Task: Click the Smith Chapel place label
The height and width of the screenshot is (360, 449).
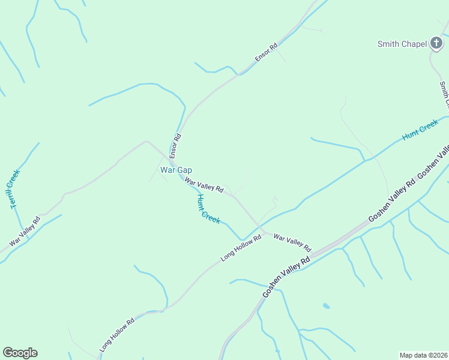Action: pyautogui.click(x=402, y=43)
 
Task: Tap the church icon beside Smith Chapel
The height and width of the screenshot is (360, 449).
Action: pyautogui.click(x=436, y=43)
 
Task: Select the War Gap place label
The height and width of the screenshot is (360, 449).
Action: pyautogui.click(x=176, y=170)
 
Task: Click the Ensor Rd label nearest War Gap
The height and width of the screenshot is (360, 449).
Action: pyautogui.click(x=176, y=145)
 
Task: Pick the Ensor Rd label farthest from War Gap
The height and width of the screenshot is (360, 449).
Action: pyautogui.click(x=266, y=52)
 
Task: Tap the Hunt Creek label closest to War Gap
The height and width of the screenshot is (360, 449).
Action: pyautogui.click(x=209, y=209)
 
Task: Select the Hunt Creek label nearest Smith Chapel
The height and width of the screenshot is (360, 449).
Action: pyautogui.click(x=420, y=130)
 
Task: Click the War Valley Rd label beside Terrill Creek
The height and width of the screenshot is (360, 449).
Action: pyautogui.click(x=25, y=232)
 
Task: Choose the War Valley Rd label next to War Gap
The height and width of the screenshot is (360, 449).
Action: pyautogui.click(x=204, y=185)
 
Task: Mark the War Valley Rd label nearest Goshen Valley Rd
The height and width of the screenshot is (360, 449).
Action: pyautogui.click(x=292, y=242)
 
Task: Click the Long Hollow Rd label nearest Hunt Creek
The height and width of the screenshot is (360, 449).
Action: pyautogui.click(x=241, y=247)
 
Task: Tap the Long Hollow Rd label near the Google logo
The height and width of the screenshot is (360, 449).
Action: pyautogui.click(x=117, y=334)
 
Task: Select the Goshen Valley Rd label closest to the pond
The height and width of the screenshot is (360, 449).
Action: pyautogui.click(x=286, y=277)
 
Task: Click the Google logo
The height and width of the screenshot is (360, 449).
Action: pyautogui.click(x=20, y=353)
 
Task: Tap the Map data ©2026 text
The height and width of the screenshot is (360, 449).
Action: pyautogui.click(x=423, y=355)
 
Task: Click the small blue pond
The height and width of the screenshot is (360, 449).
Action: pyautogui.click(x=326, y=306)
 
